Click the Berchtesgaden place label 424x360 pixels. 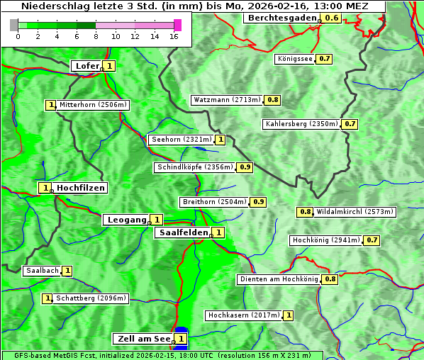pos(281,17)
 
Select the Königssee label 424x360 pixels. pos(295,59)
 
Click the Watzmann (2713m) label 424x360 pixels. pos(227,100)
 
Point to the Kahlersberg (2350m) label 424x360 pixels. pos(301,124)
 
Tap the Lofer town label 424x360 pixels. pos(87,66)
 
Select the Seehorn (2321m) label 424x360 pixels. pos(182,140)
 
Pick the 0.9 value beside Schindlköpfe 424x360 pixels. pos(245,167)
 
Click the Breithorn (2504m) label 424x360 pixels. pos(214,202)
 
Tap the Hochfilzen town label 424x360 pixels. pos(81,188)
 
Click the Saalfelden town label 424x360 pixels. pos(183,232)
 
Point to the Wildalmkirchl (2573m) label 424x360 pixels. pos(355,211)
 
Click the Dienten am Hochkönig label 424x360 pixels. pos(279,279)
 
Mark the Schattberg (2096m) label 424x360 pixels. pos(91,298)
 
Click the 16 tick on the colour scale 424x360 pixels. pos(174,36)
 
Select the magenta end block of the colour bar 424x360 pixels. pos(177,25)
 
